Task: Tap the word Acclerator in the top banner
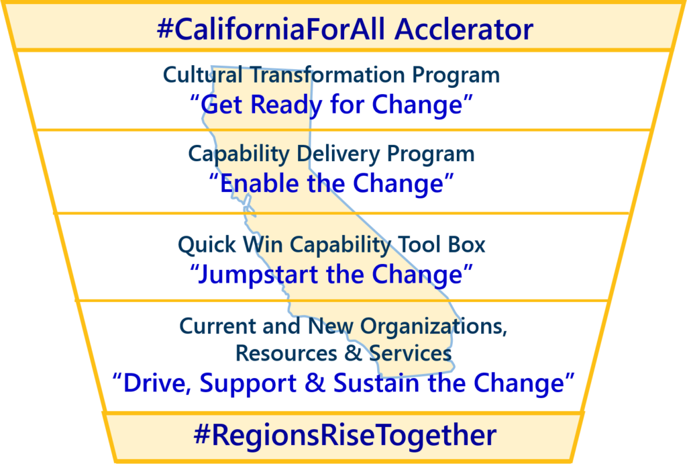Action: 464,30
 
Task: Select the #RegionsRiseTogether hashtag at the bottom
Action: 345,435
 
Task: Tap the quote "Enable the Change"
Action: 331,183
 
